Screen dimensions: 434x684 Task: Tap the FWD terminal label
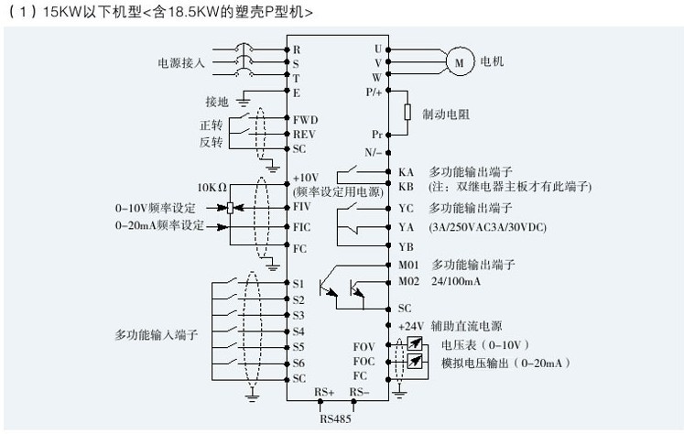tap(305, 119)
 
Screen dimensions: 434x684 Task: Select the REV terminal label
tap(304, 134)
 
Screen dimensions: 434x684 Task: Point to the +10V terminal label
tap(305, 178)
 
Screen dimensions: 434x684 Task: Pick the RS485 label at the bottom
tap(334, 420)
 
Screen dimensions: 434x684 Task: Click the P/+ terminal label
tap(373, 92)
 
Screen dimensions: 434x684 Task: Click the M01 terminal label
tap(409, 265)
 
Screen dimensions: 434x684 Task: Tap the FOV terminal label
tap(365, 347)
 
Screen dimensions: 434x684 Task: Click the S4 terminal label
tap(299, 331)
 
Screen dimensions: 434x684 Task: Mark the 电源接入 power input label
tap(181, 63)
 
